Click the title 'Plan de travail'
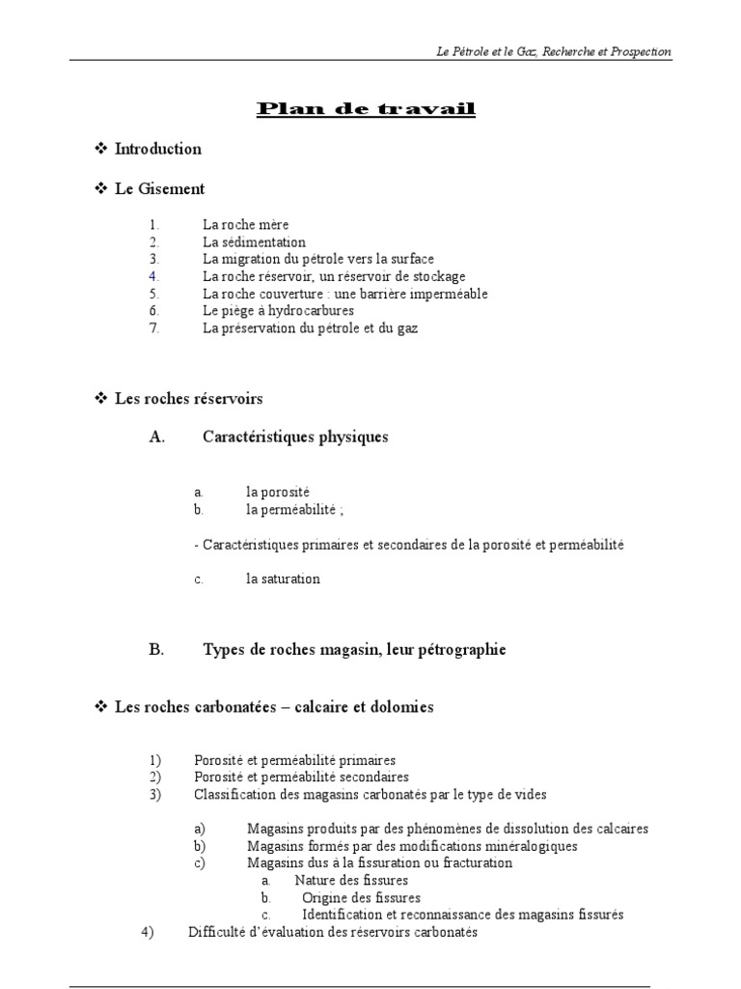click(x=366, y=108)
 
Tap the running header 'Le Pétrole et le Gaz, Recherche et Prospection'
click(x=554, y=51)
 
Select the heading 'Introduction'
click(x=158, y=149)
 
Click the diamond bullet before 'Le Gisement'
click(x=100, y=189)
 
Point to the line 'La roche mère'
click(x=246, y=225)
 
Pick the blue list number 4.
click(x=153, y=277)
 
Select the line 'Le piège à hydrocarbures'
click(x=279, y=311)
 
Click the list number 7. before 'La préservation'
click(x=153, y=328)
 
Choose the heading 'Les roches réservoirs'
click(x=189, y=398)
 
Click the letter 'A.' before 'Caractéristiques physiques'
click(x=157, y=437)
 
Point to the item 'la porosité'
click(x=278, y=493)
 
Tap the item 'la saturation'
click(x=283, y=579)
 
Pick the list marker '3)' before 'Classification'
click(x=154, y=795)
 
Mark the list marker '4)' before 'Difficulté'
click(x=148, y=933)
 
